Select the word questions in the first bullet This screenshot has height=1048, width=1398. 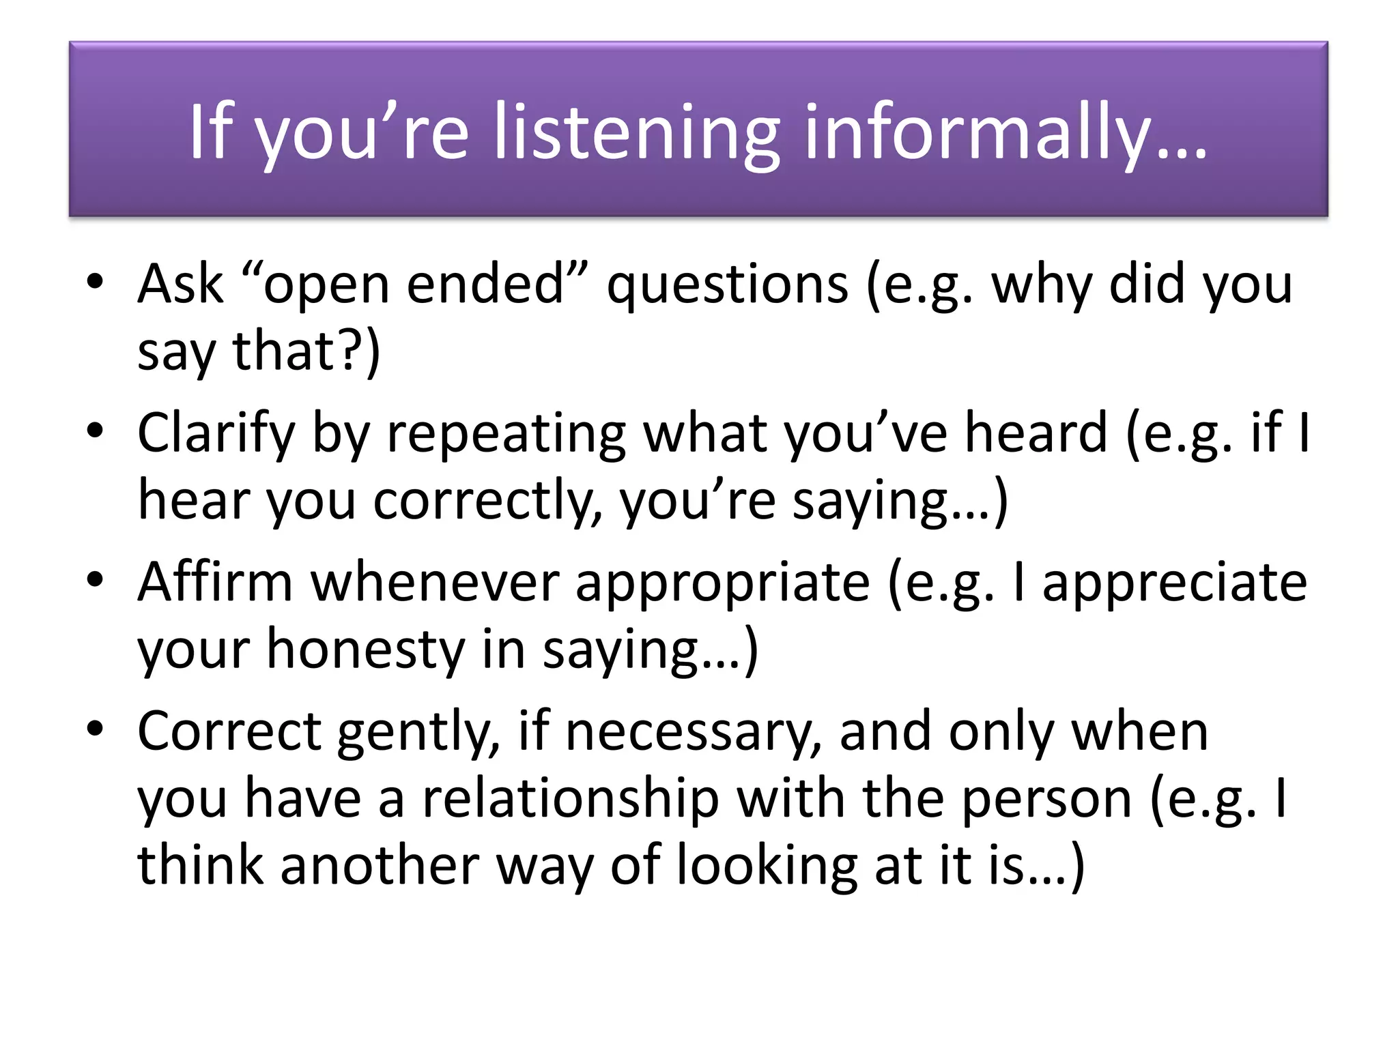tap(728, 285)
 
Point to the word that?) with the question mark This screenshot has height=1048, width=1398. tap(306, 352)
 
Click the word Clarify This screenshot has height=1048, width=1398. tap(216, 434)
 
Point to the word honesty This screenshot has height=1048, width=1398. tap(365, 650)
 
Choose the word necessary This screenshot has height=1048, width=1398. tap(694, 732)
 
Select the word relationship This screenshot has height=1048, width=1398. tap(571, 798)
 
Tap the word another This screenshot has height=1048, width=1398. tap(380, 865)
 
